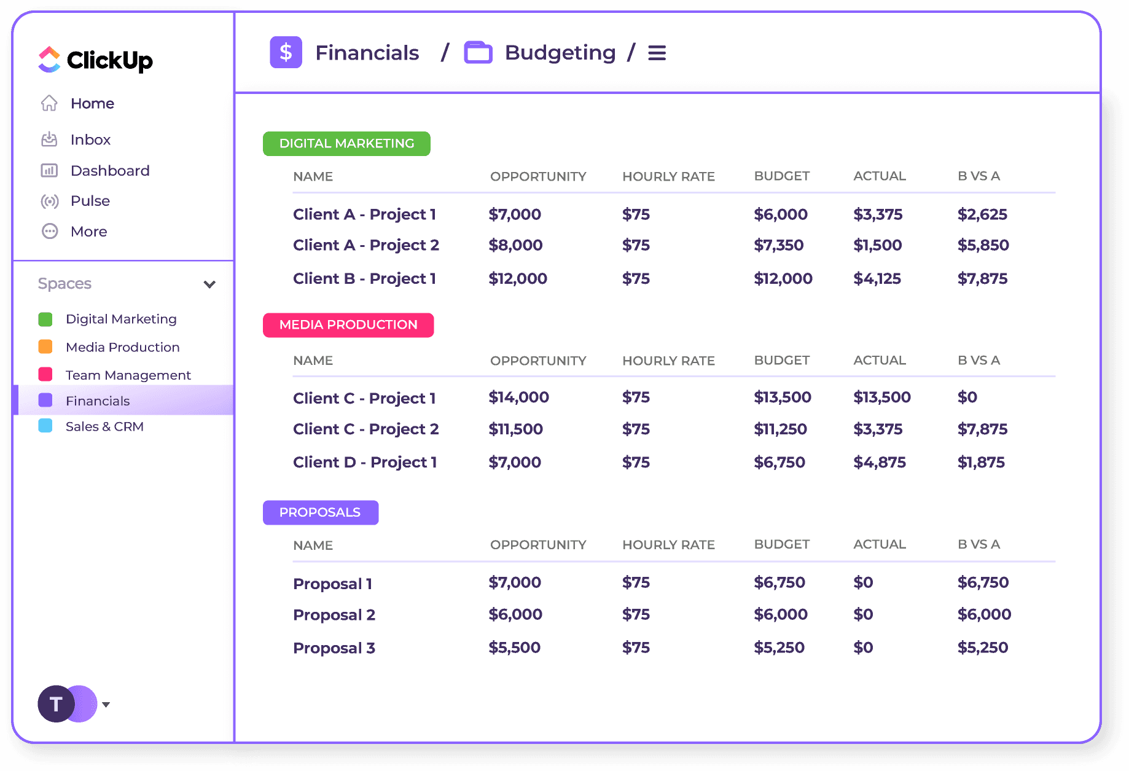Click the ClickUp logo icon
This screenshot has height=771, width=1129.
(x=49, y=60)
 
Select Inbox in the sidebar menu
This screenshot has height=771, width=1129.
(x=90, y=140)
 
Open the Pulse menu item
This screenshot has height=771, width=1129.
(x=90, y=201)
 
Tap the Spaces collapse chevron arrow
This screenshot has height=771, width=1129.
(x=209, y=284)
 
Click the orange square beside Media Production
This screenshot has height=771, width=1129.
(x=45, y=347)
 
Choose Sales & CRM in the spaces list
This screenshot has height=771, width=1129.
(x=104, y=426)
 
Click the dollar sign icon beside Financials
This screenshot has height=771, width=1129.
(x=286, y=52)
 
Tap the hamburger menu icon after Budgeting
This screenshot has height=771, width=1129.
(x=657, y=53)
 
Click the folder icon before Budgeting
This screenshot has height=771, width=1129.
(x=478, y=53)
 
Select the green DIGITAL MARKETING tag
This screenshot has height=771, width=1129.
(x=346, y=144)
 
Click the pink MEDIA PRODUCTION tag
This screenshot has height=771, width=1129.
(x=348, y=325)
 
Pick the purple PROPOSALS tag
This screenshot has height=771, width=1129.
(x=320, y=512)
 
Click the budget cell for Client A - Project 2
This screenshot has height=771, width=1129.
(x=778, y=245)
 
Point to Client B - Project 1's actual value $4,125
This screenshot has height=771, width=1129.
(x=877, y=278)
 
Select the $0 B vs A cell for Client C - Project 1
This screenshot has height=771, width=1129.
(x=967, y=397)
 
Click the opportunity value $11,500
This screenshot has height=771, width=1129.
(x=515, y=429)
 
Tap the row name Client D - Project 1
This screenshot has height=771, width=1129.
(x=365, y=462)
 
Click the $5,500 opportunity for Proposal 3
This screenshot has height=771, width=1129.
(x=514, y=648)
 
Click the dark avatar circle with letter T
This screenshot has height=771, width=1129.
(x=55, y=704)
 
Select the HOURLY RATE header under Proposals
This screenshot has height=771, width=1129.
(x=668, y=545)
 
